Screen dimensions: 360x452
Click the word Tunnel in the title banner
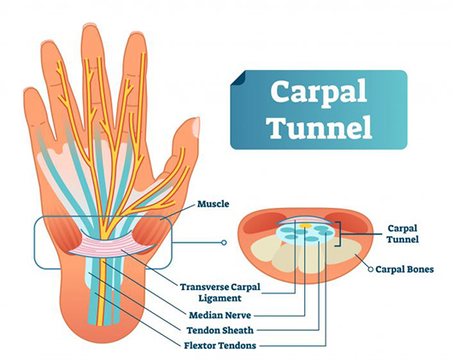[320, 127]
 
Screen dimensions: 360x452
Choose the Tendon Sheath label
[222, 329]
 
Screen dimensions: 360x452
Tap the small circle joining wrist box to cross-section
[224, 242]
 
